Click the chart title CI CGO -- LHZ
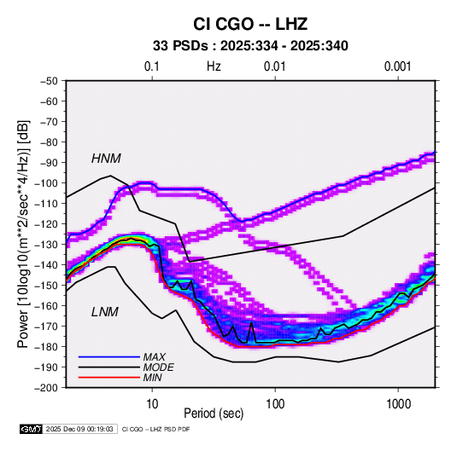point(250,24)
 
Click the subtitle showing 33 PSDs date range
point(250,46)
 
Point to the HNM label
point(106,159)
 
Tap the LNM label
point(105,312)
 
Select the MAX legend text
point(154,357)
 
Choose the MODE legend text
point(159,367)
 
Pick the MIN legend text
point(152,378)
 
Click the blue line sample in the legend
point(109,357)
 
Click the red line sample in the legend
point(109,378)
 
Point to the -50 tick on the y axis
point(49,81)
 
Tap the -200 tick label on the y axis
point(46,388)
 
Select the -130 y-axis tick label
point(46,245)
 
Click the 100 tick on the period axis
point(275,404)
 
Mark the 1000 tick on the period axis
point(398,404)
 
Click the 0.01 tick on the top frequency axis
point(274,66)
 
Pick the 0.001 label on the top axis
point(397,66)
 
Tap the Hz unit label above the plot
point(214,66)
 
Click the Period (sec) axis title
point(214,413)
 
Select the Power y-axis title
point(23,234)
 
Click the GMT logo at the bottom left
point(32,429)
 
